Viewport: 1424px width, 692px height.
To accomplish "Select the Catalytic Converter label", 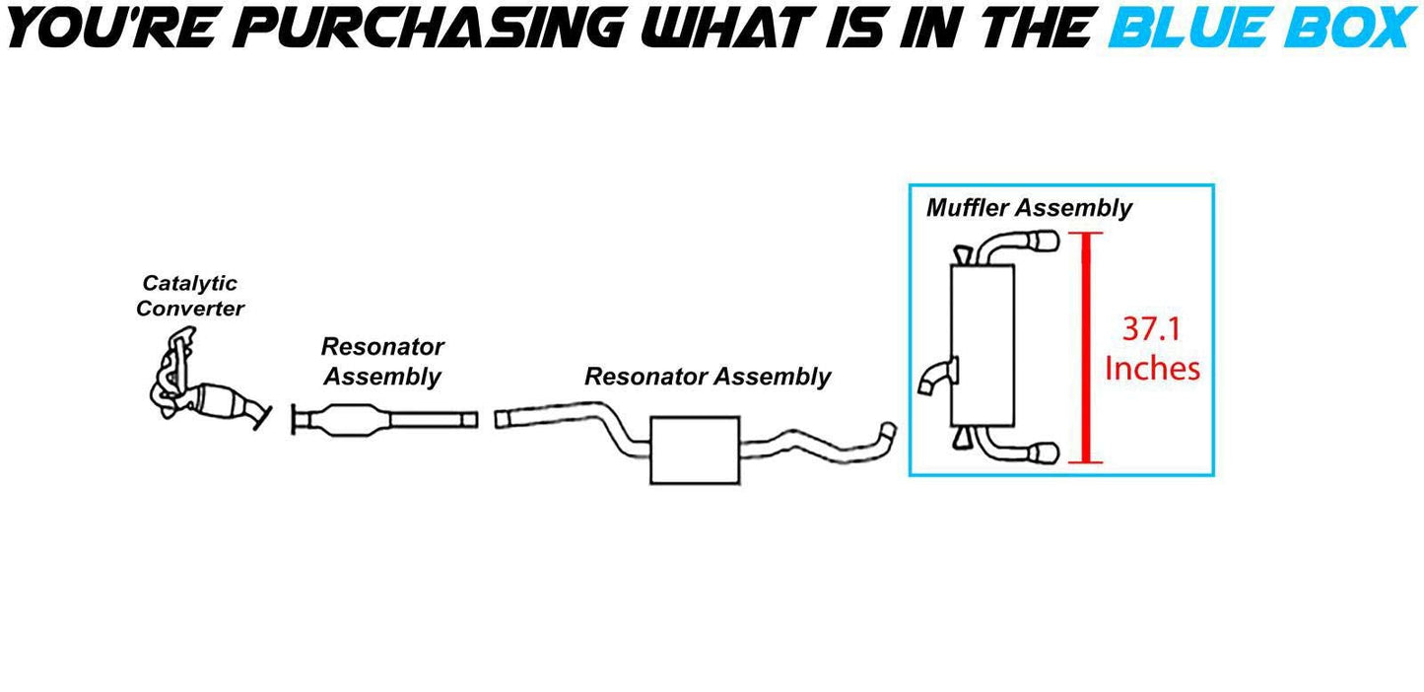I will (189, 296).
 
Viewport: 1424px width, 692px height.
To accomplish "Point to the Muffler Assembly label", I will (1029, 208).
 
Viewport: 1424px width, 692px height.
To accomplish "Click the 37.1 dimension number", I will (1152, 327).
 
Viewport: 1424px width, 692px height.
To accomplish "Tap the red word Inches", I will (1152, 369).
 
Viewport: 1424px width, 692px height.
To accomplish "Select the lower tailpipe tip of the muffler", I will (1045, 453).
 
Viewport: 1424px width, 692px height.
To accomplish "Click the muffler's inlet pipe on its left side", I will (935, 378).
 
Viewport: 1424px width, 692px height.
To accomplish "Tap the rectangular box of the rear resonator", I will (694, 450).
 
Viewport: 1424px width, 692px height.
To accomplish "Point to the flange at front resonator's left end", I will (296, 419).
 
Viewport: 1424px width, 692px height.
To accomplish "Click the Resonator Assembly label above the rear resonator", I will (707, 377).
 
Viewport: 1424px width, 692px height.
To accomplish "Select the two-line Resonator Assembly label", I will (382, 361).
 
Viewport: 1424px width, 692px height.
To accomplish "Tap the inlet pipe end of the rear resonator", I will (505, 418).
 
